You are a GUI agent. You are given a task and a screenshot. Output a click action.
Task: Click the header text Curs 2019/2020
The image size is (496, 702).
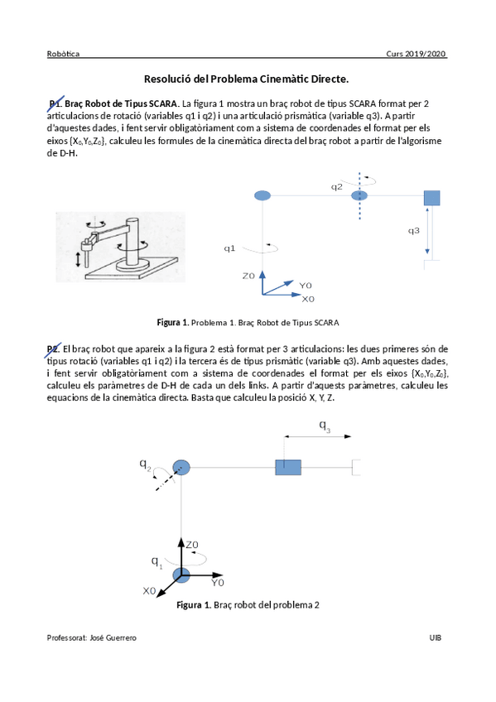click(x=416, y=54)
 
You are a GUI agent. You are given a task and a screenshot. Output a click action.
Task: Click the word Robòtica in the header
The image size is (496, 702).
click(x=63, y=54)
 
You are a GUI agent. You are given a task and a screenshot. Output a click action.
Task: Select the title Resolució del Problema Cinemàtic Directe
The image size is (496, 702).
click(x=246, y=79)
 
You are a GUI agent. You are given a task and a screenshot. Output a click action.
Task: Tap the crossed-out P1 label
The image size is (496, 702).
click(x=55, y=103)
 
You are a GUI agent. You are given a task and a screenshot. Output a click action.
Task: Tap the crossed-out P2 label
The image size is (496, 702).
click(x=53, y=349)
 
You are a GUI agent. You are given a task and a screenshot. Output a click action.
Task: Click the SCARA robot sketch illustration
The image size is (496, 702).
click(x=120, y=247)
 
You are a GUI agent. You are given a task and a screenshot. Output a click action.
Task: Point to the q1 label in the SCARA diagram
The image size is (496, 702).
click(x=229, y=248)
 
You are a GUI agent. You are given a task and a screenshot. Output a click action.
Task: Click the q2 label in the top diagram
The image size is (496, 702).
click(x=336, y=187)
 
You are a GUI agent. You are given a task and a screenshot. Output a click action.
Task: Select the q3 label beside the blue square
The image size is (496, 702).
click(x=414, y=231)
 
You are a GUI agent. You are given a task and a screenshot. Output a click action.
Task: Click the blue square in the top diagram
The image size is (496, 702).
click(x=431, y=198)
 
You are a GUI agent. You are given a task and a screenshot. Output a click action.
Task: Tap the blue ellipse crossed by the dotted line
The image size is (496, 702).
click(x=359, y=195)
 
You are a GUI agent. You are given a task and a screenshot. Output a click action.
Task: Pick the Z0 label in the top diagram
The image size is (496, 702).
click(x=248, y=276)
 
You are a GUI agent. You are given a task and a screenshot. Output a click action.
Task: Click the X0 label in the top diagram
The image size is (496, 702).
click(x=308, y=299)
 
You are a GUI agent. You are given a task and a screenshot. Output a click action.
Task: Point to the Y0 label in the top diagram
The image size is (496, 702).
click(x=306, y=286)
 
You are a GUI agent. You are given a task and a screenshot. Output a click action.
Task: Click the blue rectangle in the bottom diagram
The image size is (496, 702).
click(x=288, y=468)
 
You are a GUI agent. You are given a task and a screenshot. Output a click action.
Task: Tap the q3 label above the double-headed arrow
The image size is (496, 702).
click(x=325, y=426)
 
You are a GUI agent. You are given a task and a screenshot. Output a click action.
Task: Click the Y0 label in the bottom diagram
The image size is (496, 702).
click(x=218, y=583)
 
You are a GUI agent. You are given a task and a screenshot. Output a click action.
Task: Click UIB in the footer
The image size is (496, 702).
click(x=435, y=637)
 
